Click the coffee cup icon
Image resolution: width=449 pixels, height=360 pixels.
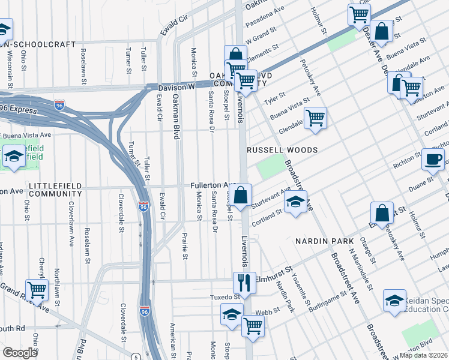[x=433, y=160]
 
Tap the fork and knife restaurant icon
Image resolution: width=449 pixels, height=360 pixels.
[x=244, y=281]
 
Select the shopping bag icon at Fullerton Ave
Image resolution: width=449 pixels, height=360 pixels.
[x=240, y=196]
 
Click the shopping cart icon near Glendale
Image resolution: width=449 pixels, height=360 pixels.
[x=315, y=117]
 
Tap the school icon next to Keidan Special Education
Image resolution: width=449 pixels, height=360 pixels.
[x=394, y=301]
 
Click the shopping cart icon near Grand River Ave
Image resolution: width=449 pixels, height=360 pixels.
[x=37, y=290]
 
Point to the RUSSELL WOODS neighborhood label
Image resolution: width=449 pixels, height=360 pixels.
[x=282, y=149]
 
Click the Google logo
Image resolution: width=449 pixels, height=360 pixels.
[x=20, y=353]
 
